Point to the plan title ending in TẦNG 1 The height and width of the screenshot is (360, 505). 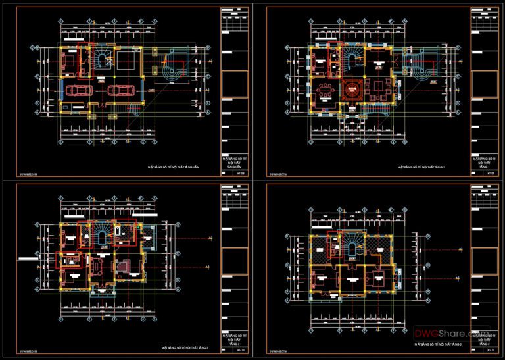coord(421,168)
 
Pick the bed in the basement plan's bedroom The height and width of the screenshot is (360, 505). coord(68,61)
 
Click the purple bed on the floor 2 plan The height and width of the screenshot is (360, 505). coord(123,267)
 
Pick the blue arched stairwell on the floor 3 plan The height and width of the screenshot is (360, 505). coord(351,249)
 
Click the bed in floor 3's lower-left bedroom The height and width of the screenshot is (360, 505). coord(322,280)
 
